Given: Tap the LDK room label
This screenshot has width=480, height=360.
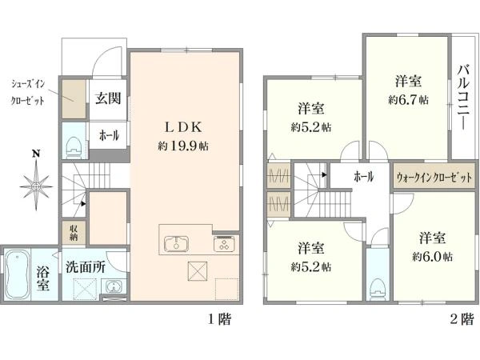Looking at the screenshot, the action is [x=183, y=127].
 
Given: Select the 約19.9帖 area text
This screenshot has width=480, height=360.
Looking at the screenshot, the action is [x=183, y=146].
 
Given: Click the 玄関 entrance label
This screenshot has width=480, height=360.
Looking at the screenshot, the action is [x=108, y=98].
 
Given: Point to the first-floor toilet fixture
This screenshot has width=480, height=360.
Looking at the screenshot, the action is [x=73, y=147].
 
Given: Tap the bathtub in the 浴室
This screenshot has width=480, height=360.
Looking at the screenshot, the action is [x=18, y=274].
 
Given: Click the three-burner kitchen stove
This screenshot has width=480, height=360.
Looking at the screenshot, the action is [x=226, y=244].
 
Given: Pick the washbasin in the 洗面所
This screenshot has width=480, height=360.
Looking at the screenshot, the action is [x=114, y=287].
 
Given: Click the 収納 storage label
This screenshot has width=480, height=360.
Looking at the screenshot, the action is [x=74, y=233].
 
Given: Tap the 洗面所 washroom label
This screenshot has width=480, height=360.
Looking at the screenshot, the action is [x=86, y=267].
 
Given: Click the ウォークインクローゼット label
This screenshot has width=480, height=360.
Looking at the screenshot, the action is [x=434, y=178].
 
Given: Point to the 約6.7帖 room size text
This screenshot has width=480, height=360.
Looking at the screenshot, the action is [x=408, y=100].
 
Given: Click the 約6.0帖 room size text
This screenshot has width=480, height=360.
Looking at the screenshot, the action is [x=432, y=257].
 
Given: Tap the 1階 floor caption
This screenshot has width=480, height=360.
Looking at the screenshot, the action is [x=219, y=319].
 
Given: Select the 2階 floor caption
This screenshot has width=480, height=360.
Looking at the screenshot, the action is [x=462, y=319].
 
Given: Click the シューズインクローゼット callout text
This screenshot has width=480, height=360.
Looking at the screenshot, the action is [x=28, y=92].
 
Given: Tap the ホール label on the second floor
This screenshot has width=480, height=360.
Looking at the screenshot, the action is [x=363, y=177].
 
